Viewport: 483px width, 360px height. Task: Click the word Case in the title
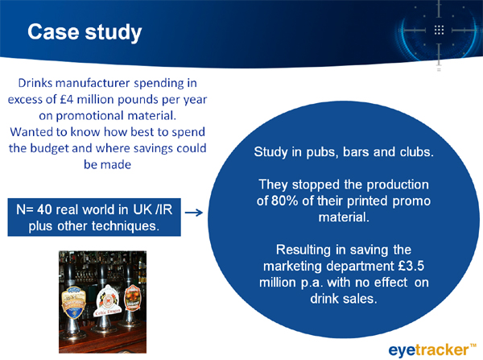pos(53,32)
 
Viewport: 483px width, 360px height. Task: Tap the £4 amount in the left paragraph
pos(67,100)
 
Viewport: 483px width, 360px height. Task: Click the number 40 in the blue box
pos(44,209)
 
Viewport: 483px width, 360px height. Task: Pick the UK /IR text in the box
pos(152,209)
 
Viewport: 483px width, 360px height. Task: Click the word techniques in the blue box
pos(125,226)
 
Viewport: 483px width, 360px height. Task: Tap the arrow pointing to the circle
pos(194,213)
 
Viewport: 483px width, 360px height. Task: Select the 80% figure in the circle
pos(285,201)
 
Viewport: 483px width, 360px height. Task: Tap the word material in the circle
pos(344,217)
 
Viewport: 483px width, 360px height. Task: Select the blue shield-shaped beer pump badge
pos(74,302)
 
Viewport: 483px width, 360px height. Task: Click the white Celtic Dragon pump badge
pos(108,301)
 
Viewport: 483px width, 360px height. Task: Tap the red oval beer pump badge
pos(133,298)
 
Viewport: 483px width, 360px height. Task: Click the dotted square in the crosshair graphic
pos(439,30)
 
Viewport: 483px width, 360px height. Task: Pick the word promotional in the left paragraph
pos(81,116)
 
